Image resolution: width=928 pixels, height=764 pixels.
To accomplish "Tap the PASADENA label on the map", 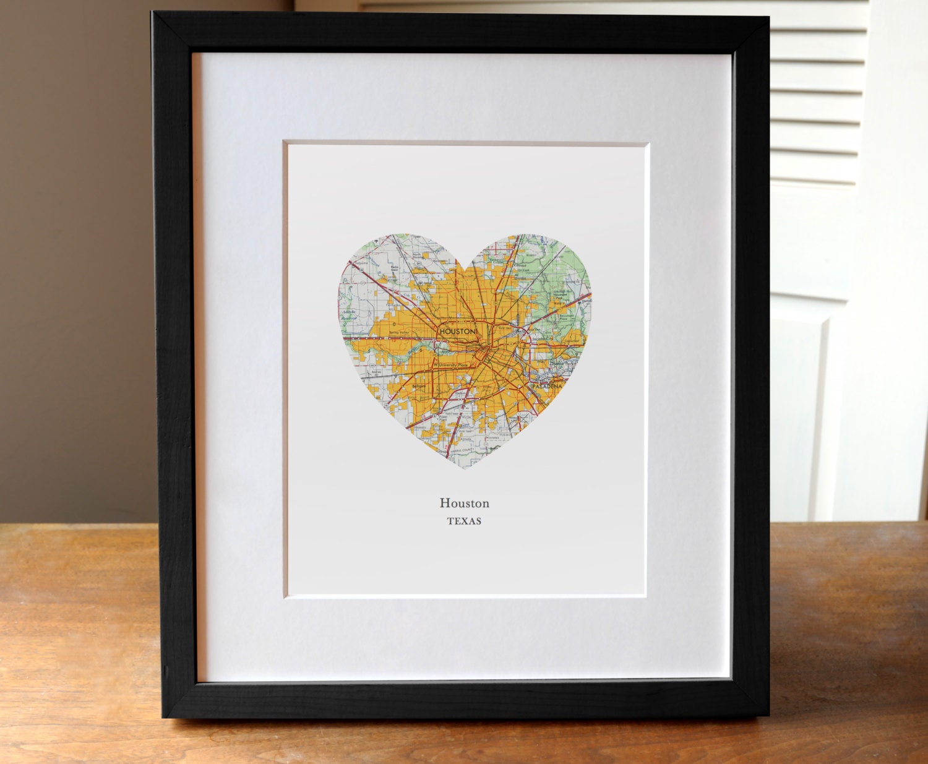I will coord(547,386).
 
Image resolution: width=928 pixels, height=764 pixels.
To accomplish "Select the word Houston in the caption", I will coord(464,504).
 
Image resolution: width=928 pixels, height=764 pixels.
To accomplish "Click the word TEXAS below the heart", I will coord(464,521).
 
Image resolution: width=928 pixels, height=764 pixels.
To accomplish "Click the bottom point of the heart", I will coord(465,467).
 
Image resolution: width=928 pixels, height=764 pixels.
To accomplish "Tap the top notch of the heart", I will coord(465,267).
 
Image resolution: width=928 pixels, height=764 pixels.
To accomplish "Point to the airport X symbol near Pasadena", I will coord(525,419).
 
